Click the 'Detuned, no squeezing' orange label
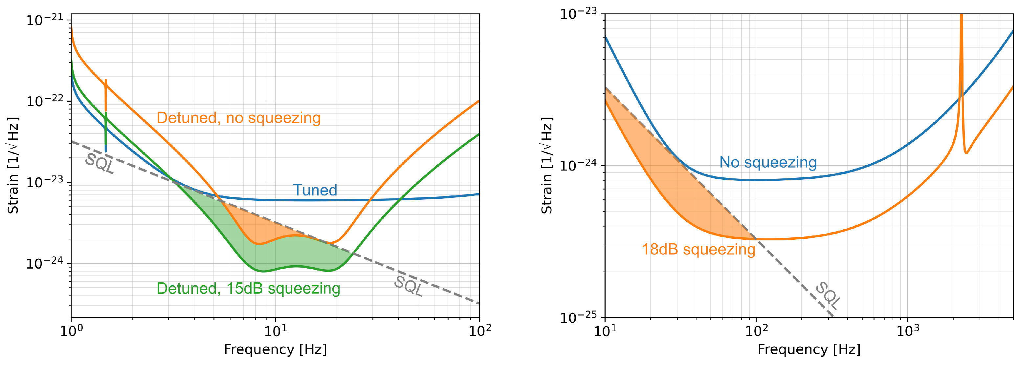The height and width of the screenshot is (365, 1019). click(238, 118)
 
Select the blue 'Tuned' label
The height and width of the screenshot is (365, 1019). click(315, 190)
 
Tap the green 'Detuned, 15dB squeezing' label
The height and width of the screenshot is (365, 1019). click(248, 288)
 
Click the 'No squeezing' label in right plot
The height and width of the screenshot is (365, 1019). click(768, 162)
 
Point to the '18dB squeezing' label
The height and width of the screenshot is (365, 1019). click(698, 249)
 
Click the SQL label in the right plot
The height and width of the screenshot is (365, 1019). click(828, 295)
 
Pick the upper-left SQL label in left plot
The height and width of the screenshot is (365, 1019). click(100, 163)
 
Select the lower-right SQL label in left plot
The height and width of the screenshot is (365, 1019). click(409, 286)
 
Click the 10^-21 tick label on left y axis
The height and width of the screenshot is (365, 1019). click(44, 20)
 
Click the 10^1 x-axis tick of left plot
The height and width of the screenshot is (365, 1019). click(275, 331)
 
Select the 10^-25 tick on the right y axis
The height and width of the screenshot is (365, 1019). click(578, 317)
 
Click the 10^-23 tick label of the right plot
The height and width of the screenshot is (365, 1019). click(578, 14)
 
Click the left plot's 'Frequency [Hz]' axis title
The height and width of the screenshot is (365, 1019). click(275, 349)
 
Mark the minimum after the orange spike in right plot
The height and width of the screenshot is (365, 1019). click(966, 152)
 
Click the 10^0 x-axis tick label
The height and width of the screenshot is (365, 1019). click(72, 331)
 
